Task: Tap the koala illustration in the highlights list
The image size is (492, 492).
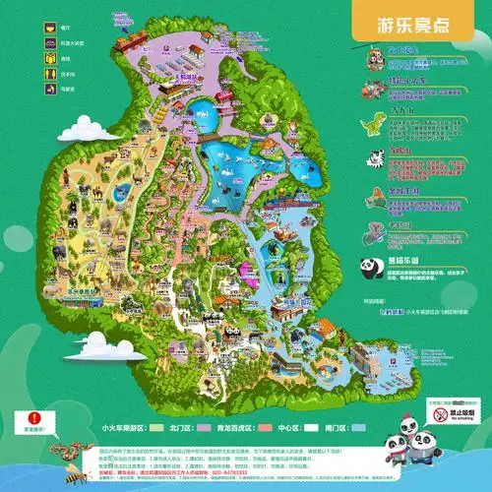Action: [376, 233]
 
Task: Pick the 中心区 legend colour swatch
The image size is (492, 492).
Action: [311, 428]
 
